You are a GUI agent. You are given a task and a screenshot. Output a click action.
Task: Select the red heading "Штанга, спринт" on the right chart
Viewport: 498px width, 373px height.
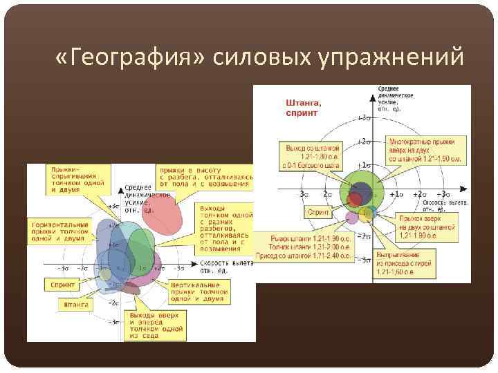click(304, 108)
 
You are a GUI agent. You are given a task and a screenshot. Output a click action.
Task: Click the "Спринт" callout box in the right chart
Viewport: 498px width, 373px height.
click(318, 213)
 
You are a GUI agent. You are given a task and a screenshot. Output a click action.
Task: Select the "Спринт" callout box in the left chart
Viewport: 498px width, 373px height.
click(63, 283)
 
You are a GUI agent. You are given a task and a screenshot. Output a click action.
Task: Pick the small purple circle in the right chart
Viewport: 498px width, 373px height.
click(352, 218)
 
